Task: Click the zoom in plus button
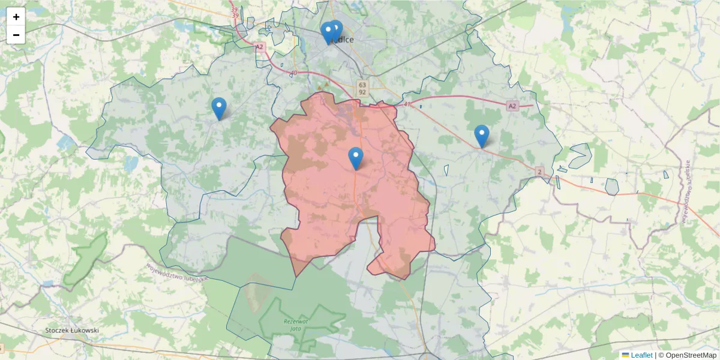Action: [16, 17]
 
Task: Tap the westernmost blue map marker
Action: [219, 109]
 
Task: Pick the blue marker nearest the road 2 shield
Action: [481, 136]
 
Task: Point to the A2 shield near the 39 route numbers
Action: [260, 46]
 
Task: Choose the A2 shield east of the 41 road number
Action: [511, 106]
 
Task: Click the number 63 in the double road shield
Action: [362, 85]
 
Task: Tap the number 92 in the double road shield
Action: [362, 92]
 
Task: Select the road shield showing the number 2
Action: [540, 172]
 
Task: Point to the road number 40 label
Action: [293, 73]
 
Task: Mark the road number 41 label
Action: [407, 104]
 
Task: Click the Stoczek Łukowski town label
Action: [72, 330]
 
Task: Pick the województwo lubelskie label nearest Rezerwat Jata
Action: [176, 273]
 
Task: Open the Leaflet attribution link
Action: [641, 355]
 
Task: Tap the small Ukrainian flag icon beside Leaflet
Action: [625, 355]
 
